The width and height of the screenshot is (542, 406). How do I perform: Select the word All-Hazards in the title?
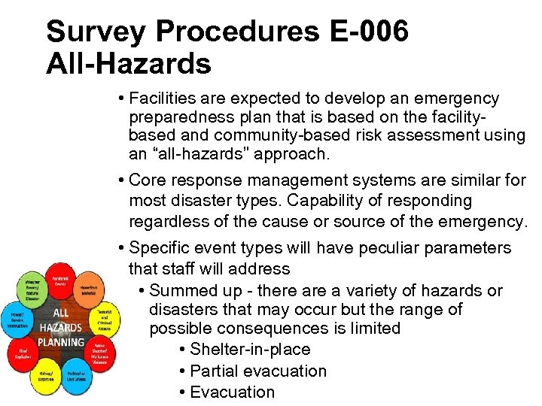pos(129,64)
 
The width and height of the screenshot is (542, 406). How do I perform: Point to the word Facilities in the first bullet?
pos(161,98)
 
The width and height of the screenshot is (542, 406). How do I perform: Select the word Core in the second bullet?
pos(145,180)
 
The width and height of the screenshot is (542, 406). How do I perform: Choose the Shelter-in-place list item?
pos(250,350)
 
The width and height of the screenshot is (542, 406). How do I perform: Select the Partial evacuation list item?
pos(258,371)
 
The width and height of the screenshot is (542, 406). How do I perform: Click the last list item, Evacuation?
pos(232,392)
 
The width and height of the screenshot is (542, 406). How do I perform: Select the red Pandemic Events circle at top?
pos(60,280)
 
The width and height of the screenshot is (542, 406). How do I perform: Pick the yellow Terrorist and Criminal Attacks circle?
pos(104,321)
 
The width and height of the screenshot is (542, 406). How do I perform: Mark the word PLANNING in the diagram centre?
pos(60,342)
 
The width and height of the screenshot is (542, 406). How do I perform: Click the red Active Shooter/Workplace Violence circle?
pos(100,353)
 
